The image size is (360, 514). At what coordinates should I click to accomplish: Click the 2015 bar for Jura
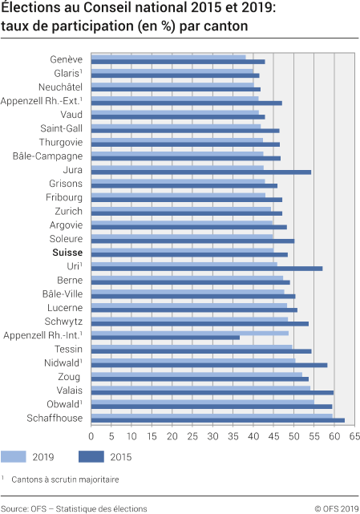(200, 172)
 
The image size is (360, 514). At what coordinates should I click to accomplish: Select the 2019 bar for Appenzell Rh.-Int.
(189, 332)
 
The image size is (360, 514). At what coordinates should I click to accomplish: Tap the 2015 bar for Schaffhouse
(217, 419)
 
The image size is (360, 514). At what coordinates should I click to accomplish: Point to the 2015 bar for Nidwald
(208, 365)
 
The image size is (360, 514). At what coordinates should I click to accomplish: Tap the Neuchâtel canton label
(60, 87)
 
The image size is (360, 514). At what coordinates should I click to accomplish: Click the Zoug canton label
(70, 376)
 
